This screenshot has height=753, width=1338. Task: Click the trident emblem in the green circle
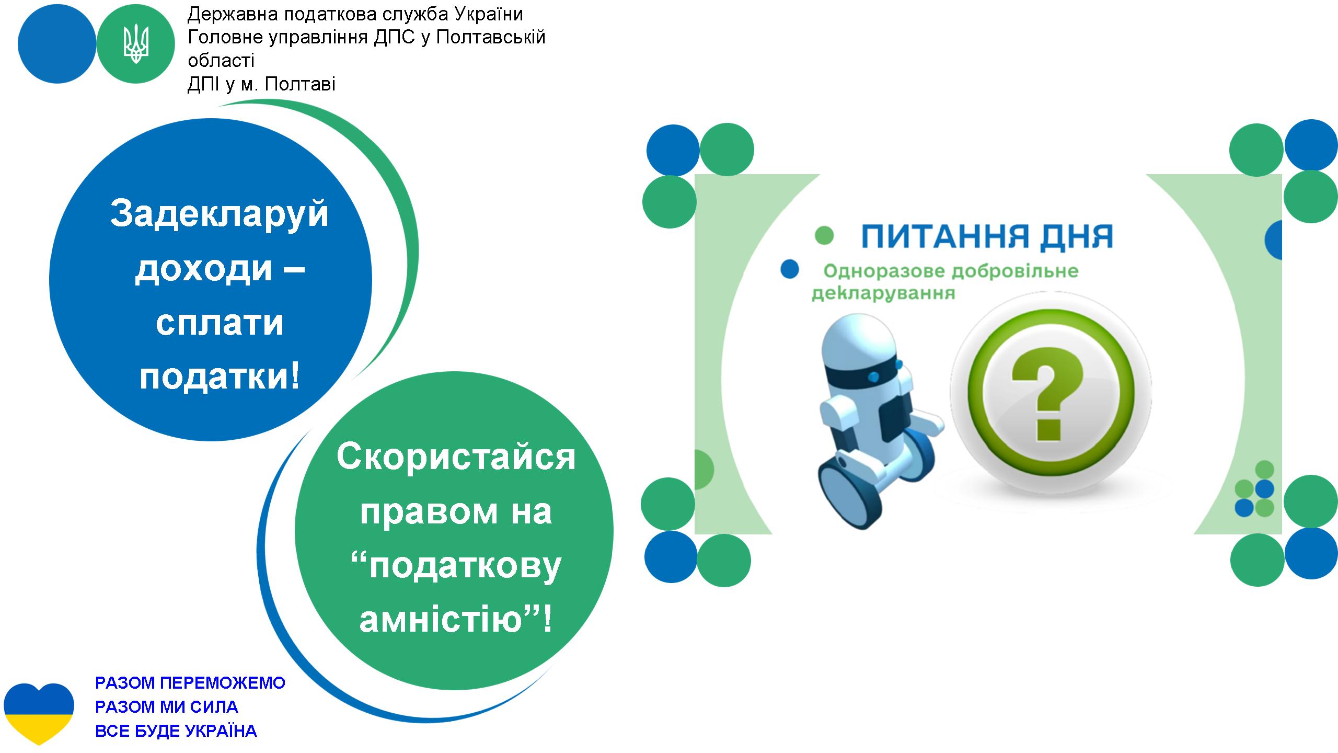(x=136, y=44)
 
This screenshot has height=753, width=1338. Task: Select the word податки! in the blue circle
(x=220, y=375)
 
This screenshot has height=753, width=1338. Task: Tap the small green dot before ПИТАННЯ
(x=824, y=235)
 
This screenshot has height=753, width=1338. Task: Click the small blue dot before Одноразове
(x=789, y=269)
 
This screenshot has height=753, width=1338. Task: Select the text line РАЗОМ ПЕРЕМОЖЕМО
(x=190, y=683)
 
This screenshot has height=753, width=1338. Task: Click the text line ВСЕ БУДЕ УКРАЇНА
(x=176, y=731)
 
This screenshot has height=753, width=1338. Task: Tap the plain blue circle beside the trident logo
(x=57, y=44)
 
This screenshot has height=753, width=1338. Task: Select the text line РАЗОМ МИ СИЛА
(x=167, y=707)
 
